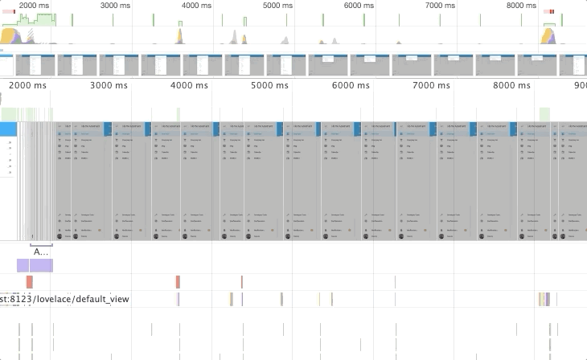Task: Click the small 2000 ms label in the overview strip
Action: tap(33, 6)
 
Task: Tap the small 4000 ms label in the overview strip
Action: tap(197, 6)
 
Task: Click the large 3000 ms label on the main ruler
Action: tap(109, 85)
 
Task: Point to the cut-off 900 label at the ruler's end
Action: tap(581, 85)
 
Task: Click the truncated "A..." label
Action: tap(40, 252)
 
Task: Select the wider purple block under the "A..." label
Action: tap(41, 265)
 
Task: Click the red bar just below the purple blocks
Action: tap(29, 281)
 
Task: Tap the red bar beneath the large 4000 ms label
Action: tap(178, 281)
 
